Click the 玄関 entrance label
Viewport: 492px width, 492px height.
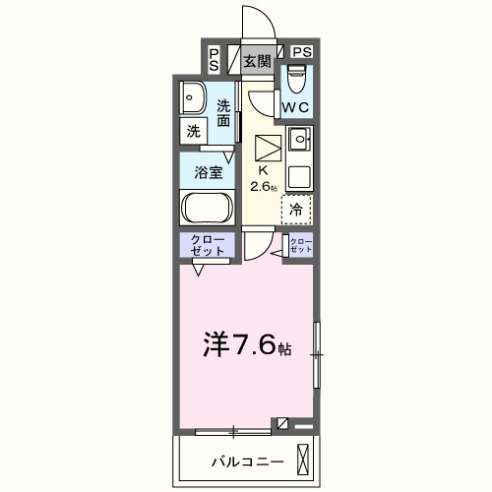click(x=257, y=61)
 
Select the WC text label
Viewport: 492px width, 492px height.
click(x=296, y=106)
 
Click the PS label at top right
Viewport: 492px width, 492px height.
click(x=301, y=52)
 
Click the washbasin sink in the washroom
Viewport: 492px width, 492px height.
click(x=192, y=98)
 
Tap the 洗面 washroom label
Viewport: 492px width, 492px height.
click(x=225, y=113)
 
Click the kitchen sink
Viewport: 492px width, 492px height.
click(x=299, y=138)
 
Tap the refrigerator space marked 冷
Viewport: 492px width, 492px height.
click(x=296, y=209)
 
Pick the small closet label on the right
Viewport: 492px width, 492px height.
click(x=300, y=246)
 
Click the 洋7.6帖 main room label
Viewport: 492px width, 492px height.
click(x=246, y=345)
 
